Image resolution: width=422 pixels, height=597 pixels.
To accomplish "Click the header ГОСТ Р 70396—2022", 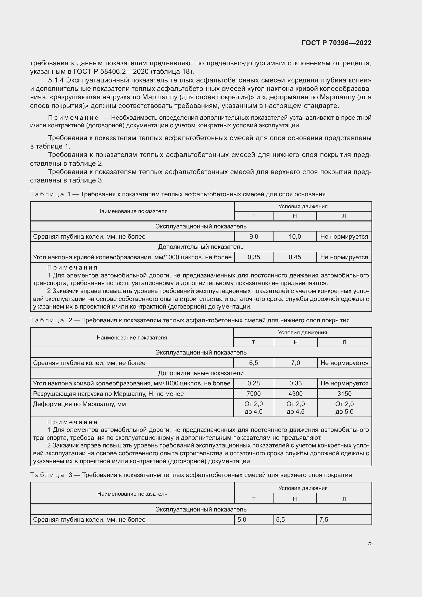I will (337, 43).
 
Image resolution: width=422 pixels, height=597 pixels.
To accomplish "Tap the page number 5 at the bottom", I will (369, 543).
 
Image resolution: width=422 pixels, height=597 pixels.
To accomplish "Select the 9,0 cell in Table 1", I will (254, 237).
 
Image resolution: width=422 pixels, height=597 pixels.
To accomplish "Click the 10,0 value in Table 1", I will (295, 237).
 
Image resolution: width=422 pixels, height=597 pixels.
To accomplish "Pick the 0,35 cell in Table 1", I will (254, 257).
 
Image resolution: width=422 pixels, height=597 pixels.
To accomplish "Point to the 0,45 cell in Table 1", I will (295, 257).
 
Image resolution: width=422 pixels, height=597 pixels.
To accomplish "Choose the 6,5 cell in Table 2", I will (253, 363).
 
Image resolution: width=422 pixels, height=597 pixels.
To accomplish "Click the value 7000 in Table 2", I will (253, 394).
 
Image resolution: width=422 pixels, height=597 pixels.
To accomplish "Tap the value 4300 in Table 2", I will (295, 394).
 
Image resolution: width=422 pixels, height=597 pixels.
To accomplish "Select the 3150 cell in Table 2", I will (344, 394).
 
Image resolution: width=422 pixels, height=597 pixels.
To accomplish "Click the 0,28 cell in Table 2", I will (253, 383).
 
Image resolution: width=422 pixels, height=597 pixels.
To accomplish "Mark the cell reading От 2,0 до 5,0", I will (344, 408).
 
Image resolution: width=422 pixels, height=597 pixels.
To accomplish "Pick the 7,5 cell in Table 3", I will (324, 519).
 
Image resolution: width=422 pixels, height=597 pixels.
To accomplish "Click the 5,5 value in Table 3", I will (280, 519).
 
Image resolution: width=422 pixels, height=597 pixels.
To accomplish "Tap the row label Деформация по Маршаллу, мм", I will (79, 404).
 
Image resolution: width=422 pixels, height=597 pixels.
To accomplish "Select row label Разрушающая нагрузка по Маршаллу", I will (108, 394).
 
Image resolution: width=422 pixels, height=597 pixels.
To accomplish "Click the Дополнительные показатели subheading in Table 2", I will (201, 373).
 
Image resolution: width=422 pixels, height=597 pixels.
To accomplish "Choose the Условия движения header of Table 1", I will (303, 206).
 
